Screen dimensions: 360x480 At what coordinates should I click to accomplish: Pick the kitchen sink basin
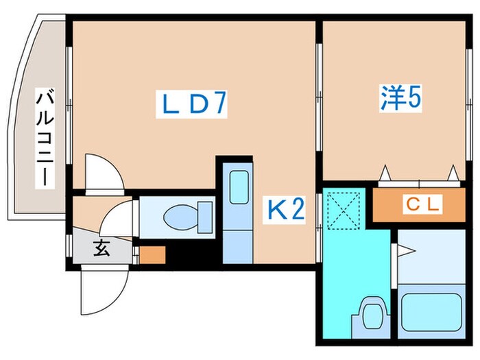pos(239,187)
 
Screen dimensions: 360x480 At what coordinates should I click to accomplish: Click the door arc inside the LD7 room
pos(105,171)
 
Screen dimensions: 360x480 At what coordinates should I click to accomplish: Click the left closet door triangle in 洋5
pos(385,173)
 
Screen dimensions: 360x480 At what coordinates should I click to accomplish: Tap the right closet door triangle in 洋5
pos(453,173)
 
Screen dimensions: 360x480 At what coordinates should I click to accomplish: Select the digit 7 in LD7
pos(218,104)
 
